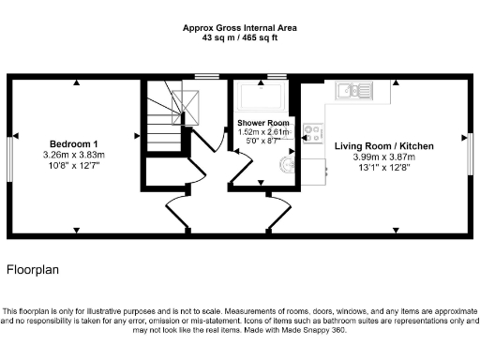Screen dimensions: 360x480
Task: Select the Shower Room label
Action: click(262, 123)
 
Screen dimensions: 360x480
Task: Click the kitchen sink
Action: click(354, 91)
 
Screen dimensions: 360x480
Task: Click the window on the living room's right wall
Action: click(471, 153)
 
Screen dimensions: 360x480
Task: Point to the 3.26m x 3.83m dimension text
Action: click(72, 154)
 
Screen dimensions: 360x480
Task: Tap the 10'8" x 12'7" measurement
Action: click(72, 165)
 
